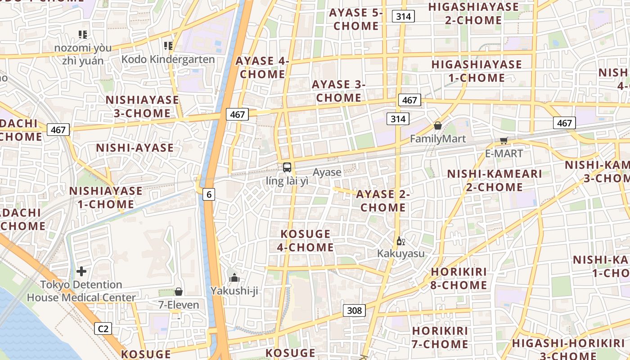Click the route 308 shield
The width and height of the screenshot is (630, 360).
pos(354,310)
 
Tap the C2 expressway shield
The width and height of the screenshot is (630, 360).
pos(103,329)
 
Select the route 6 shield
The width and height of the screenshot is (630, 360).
pos(208,194)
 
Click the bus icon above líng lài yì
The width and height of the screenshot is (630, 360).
pos(287,167)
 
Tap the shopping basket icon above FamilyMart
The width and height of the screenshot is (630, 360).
pos(437,126)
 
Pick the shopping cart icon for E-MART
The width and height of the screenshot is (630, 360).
pos(504,141)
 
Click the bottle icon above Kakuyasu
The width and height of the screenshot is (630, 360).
pos(400,241)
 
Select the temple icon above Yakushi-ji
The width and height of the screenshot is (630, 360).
pos(234,278)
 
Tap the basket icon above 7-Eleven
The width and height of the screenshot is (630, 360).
pos(179,292)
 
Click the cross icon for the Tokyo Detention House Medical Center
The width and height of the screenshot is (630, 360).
pos(81,271)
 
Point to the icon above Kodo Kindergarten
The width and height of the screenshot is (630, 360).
pos(168,45)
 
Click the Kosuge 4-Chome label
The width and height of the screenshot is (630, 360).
pos(306,241)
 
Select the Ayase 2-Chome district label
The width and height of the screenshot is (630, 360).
pos(383,201)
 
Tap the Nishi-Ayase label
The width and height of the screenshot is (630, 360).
pos(135,148)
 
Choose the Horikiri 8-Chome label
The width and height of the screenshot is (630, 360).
pos(459,279)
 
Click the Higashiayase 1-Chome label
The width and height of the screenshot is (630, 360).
pos(477,71)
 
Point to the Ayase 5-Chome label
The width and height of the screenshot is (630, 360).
pos(356,19)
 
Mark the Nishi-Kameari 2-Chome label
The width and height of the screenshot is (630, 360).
pos(495,180)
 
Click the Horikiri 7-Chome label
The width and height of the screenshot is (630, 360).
pos(440,337)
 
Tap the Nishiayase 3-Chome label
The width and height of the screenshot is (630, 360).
pos(142,106)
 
